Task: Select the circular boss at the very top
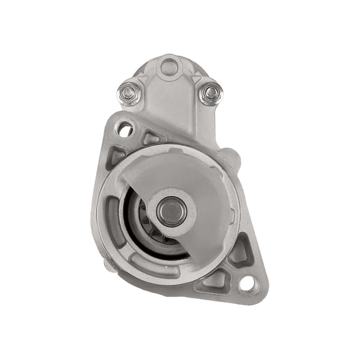pos(169,65)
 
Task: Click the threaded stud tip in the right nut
pos(210,90)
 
